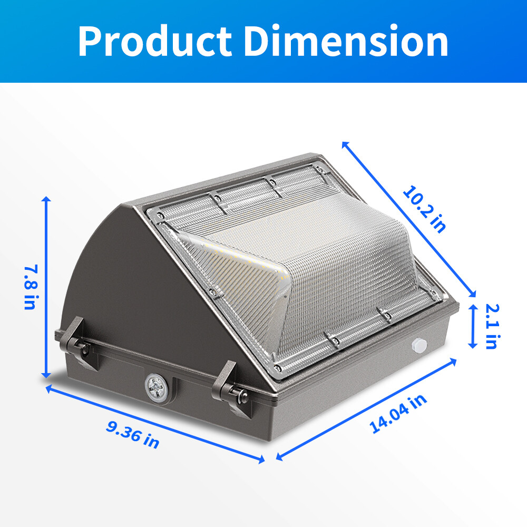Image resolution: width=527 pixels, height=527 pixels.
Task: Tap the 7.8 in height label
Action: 30,288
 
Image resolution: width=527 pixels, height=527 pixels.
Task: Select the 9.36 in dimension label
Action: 132,433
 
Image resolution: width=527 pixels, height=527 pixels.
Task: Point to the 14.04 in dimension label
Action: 398,414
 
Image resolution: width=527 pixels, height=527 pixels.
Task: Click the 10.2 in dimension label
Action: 425,208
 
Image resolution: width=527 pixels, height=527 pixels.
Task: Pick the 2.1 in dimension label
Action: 491,326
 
